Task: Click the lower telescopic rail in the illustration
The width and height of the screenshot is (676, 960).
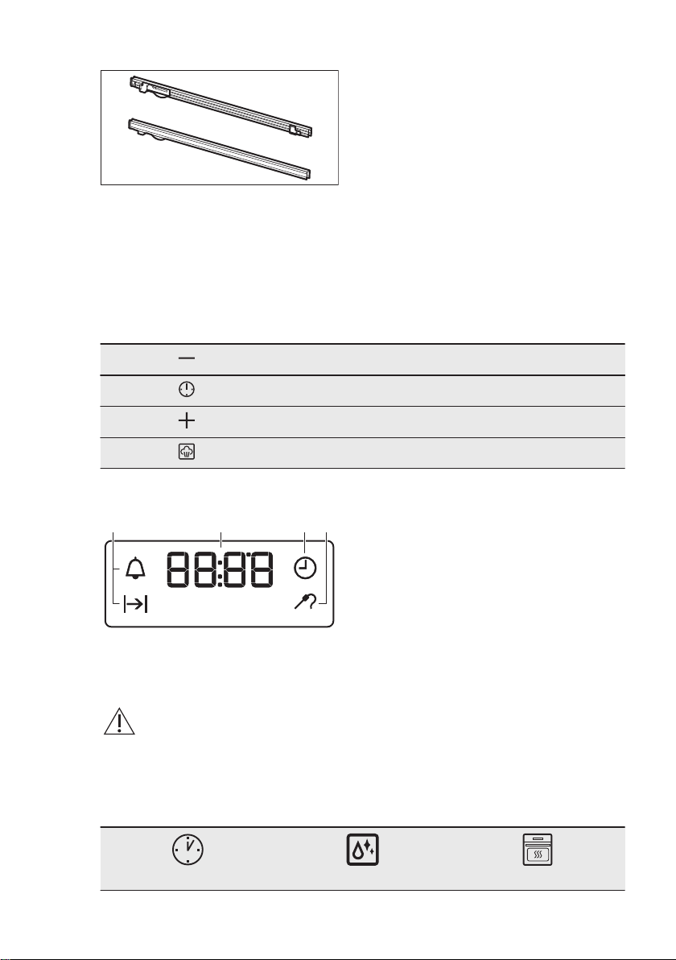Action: click(x=220, y=149)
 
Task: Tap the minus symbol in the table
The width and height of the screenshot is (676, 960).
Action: click(x=187, y=358)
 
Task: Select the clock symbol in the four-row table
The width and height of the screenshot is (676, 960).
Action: click(x=187, y=389)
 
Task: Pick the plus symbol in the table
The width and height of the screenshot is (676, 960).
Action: click(x=187, y=420)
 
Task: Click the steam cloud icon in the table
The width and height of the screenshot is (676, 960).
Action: click(x=187, y=453)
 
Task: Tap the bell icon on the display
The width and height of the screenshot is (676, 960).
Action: click(x=135, y=569)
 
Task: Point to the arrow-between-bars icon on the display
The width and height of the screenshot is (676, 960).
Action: click(x=136, y=605)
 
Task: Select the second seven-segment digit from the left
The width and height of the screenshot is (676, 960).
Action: click(x=205, y=569)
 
